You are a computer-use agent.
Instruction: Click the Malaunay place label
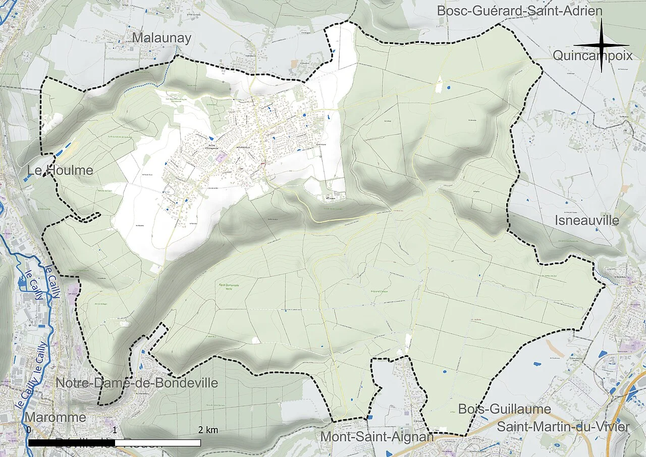[161, 38]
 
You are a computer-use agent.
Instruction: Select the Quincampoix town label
[592, 56]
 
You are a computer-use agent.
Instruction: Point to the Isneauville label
[586, 221]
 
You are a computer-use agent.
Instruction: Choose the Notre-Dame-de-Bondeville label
[137, 383]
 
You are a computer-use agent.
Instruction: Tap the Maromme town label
[56, 418]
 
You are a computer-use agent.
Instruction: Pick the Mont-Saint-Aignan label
[377, 437]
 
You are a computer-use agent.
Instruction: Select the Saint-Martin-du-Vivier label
[563, 427]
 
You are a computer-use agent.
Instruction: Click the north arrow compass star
[601, 45]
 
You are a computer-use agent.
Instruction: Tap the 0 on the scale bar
[29, 430]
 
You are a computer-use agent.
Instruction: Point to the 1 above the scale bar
[115, 430]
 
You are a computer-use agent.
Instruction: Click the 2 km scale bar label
[207, 430]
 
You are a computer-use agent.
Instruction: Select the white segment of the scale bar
[158, 443]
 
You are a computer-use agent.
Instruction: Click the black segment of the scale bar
[72, 443]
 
